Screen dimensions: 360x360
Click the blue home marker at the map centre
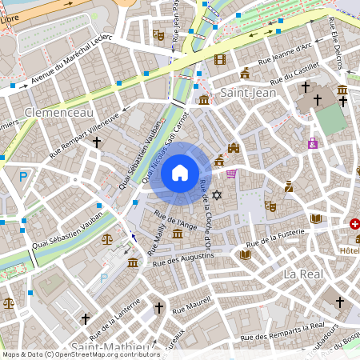[180, 172]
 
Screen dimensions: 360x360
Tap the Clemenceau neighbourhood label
[59, 113]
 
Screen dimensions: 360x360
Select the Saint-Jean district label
[246, 92]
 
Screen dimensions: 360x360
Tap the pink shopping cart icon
[231, 174]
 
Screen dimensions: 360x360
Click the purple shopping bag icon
[312, 143]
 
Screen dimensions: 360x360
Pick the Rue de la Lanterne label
[115, 318]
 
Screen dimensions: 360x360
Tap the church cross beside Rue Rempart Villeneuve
[97, 142]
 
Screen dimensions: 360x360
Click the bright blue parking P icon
[23, 177]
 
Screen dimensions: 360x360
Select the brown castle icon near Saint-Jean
[234, 148]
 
